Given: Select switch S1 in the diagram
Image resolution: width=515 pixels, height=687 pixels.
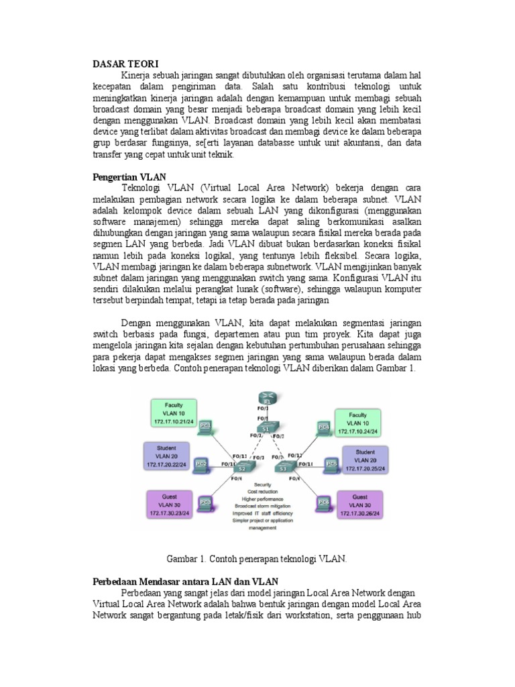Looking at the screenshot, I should point(266,427).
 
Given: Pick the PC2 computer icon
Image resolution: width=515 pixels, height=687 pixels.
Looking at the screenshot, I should point(201,464).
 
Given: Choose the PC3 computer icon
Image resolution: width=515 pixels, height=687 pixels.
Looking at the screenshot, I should point(204,500).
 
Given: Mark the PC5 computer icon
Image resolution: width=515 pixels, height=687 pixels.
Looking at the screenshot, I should point(331,463).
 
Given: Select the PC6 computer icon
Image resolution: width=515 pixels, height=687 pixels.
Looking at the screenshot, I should point(324,501).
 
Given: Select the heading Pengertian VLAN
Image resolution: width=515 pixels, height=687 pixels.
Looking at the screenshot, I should point(128,176).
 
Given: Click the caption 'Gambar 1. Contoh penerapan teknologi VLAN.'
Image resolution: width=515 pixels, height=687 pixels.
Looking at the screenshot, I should point(256,558).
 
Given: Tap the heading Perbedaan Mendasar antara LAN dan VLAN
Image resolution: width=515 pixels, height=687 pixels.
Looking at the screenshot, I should point(185,581).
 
